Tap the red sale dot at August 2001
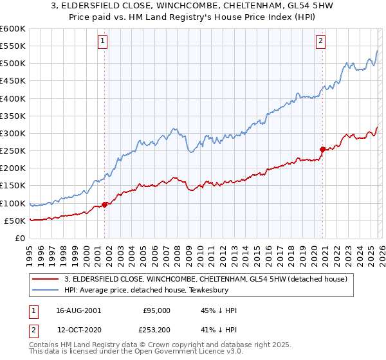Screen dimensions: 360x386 pyautogui.click(x=104, y=205)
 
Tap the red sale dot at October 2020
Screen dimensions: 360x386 pyautogui.click(x=322, y=149)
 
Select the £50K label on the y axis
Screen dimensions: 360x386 pyautogui.click(x=15, y=221)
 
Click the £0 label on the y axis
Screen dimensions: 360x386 pyautogui.click(x=19, y=238)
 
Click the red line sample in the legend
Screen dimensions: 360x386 pyautogui.click(x=46, y=279)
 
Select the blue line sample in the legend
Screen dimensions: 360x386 pyautogui.click(x=46, y=290)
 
